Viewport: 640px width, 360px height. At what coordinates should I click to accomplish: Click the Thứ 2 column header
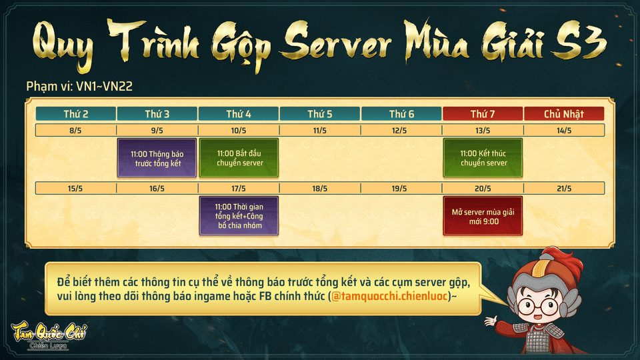coord(75,114)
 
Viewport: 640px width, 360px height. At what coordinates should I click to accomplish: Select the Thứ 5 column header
coord(320,114)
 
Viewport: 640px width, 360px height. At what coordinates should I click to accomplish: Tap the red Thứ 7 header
coord(483,114)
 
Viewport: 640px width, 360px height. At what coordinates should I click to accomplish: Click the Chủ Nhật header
coord(564,114)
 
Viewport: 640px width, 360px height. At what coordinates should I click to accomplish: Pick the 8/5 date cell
coord(75,131)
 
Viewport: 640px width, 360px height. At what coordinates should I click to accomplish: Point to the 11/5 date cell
coord(320,131)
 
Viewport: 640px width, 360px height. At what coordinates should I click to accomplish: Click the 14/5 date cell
coord(564,131)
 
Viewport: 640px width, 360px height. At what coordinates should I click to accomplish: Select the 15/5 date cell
coord(75,189)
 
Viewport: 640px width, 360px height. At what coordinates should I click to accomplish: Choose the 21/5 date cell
coord(564,189)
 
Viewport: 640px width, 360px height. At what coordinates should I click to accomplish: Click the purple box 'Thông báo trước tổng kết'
coord(157,158)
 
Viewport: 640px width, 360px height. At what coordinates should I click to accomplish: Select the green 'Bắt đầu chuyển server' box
coord(239,158)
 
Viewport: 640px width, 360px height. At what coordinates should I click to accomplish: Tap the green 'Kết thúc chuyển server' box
coord(483,158)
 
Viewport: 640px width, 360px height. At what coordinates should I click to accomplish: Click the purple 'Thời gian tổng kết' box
coord(239,215)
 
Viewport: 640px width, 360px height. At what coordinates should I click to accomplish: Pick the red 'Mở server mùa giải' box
coord(483,216)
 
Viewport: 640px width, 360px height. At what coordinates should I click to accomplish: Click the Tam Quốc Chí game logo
coord(49,334)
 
